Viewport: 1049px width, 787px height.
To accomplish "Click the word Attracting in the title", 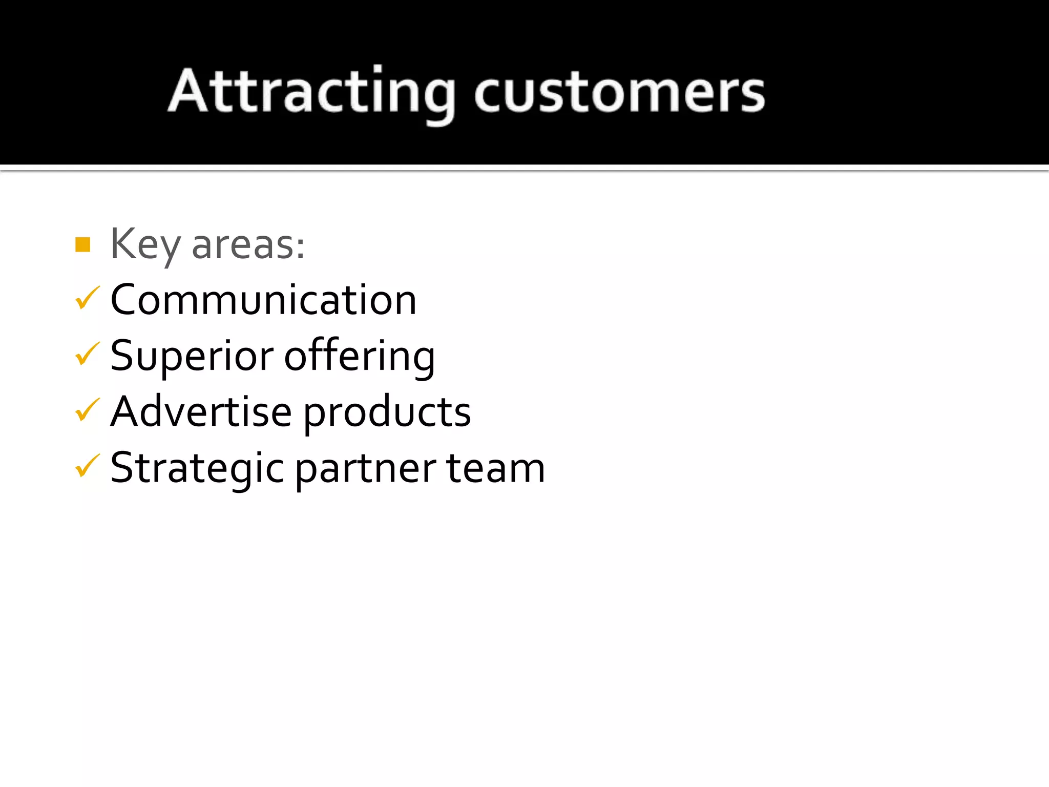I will point(311,92).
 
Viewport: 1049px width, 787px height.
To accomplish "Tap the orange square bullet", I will point(82,245).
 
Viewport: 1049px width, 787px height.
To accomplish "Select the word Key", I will point(145,244).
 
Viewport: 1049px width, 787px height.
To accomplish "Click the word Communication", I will point(263,300).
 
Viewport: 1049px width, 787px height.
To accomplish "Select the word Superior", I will point(192,356).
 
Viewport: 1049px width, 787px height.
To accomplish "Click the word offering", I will point(359,356).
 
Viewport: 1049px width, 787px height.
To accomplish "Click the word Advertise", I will point(201,411).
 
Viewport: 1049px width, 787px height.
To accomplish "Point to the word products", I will point(387,412).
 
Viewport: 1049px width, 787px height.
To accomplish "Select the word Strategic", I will point(197,468).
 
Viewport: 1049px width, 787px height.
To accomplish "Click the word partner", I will point(366,469).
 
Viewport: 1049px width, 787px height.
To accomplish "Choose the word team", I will point(495,468).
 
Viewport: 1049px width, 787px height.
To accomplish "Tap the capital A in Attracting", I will point(188,91).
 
